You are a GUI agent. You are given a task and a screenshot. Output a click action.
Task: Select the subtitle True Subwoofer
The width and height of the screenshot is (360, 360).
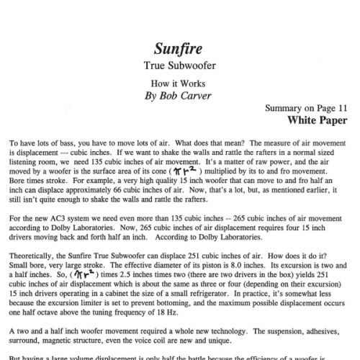[x=179, y=67]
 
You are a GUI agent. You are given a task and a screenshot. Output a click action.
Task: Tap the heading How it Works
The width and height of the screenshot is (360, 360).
[x=179, y=84]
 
